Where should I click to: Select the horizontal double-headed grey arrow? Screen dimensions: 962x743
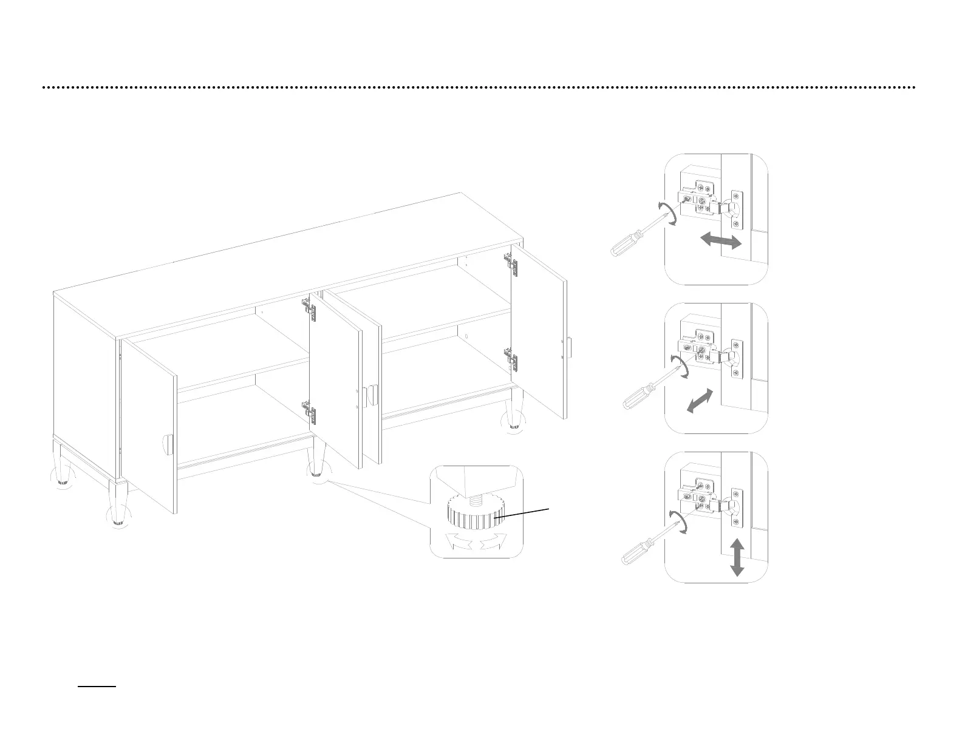tap(721, 240)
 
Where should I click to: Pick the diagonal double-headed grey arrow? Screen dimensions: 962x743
tap(700, 401)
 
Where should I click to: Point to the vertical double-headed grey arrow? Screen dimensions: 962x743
tap(737, 557)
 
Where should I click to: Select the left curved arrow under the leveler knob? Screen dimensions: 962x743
tap(459, 541)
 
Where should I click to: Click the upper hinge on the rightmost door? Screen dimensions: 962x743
tap(511, 263)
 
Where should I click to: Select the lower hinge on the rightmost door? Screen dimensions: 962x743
tap(512, 360)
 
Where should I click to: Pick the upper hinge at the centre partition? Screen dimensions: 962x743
tap(310, 310)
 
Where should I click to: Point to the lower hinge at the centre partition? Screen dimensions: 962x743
tap(310, 412)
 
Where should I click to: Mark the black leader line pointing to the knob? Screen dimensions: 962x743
tap(523, 513)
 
